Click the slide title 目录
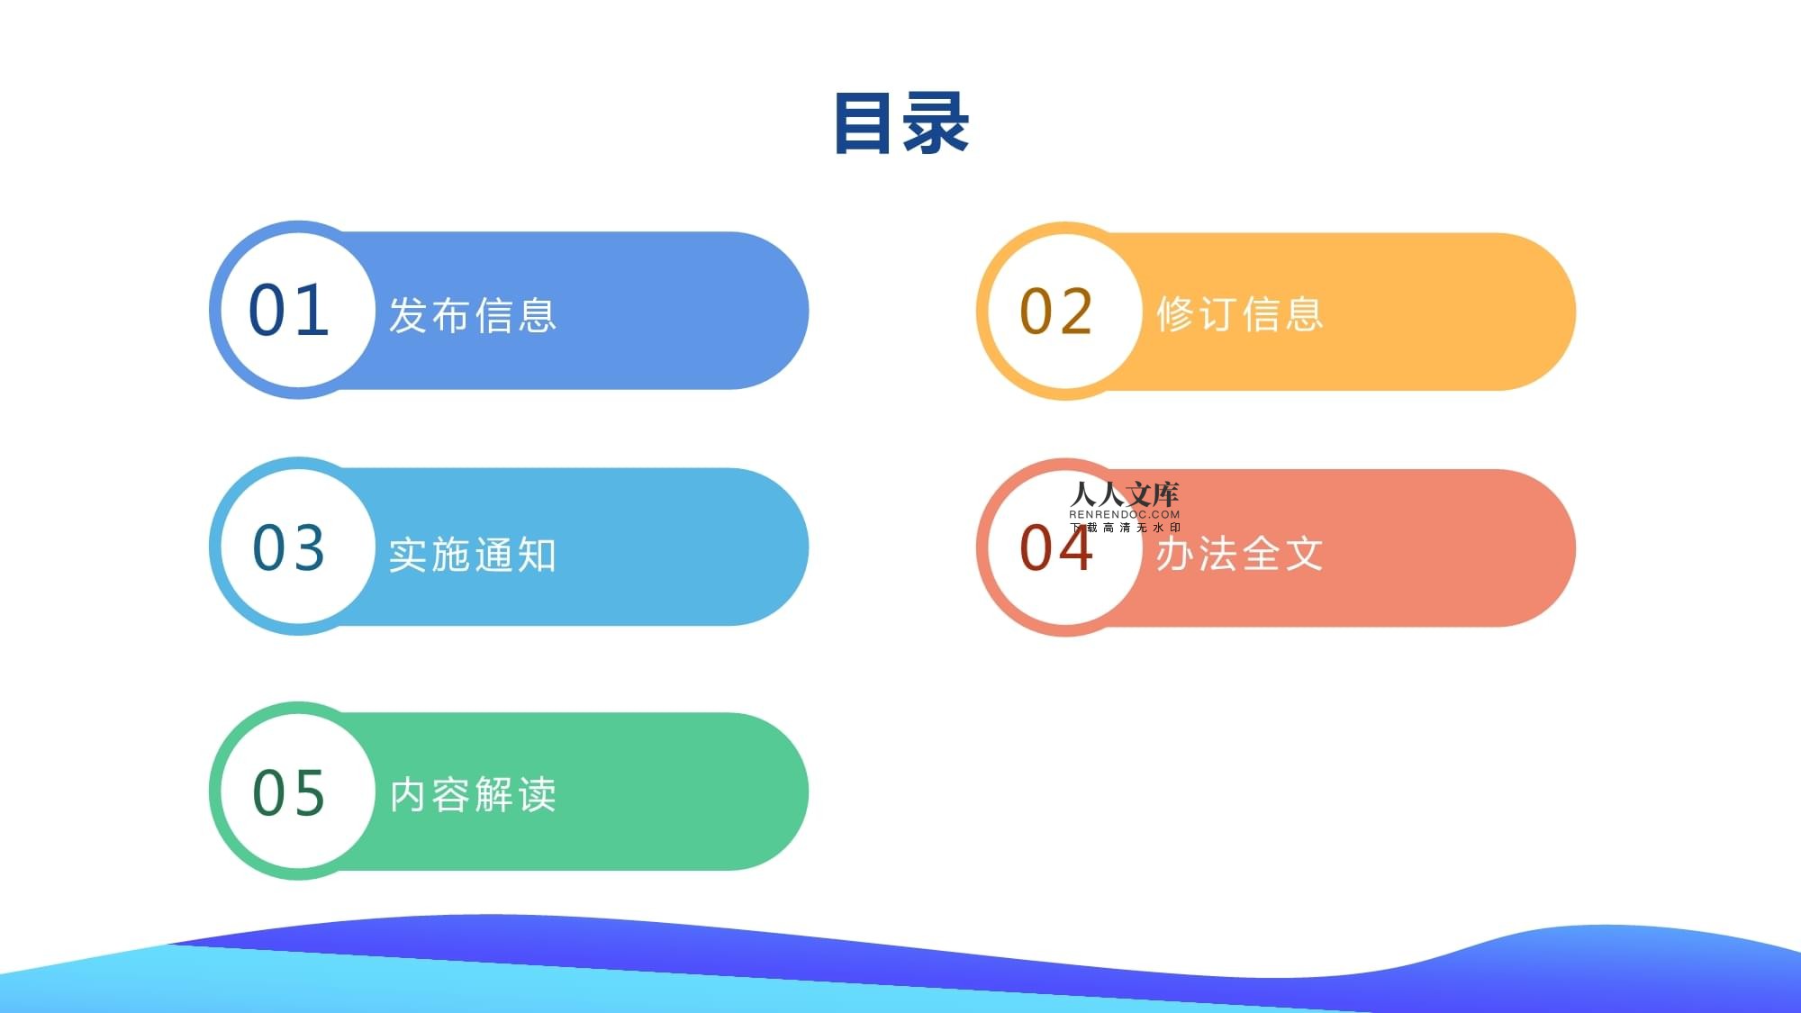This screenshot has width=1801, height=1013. pos(901,123)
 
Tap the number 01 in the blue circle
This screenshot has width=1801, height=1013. pos(288,311)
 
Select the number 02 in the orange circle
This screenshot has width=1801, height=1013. pos(1056,312)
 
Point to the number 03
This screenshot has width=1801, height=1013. pos(288,547)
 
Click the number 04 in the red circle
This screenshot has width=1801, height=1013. pos(1056,548)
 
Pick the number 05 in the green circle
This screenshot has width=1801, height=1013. pos(288,793)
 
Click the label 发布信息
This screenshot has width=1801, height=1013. pos(473,315)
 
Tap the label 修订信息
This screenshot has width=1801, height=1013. pos(1240,314)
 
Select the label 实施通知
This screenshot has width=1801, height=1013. pos(473,555)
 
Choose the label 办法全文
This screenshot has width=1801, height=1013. pos(1240,554)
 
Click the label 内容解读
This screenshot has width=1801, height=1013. pos(473,795)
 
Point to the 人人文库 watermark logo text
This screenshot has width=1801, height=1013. pos(1125,494)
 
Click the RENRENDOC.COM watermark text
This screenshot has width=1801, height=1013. pos(1125,515)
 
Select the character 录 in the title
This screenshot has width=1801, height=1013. pos(937,123)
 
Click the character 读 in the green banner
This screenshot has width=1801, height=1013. pos(538,795)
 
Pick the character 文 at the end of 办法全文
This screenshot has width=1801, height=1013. pos(1305,554)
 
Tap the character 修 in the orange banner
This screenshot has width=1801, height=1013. pos(1175,314)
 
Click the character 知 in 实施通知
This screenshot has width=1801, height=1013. pos(538,555)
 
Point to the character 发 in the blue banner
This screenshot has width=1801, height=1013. pos(408,315)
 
